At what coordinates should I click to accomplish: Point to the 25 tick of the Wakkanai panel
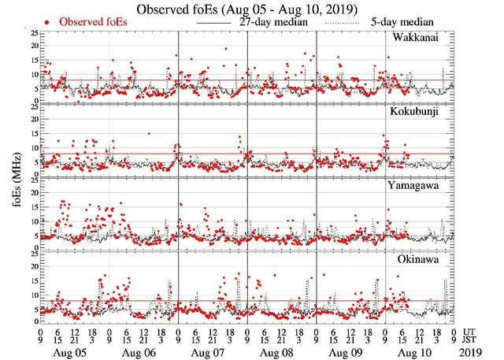32,33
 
